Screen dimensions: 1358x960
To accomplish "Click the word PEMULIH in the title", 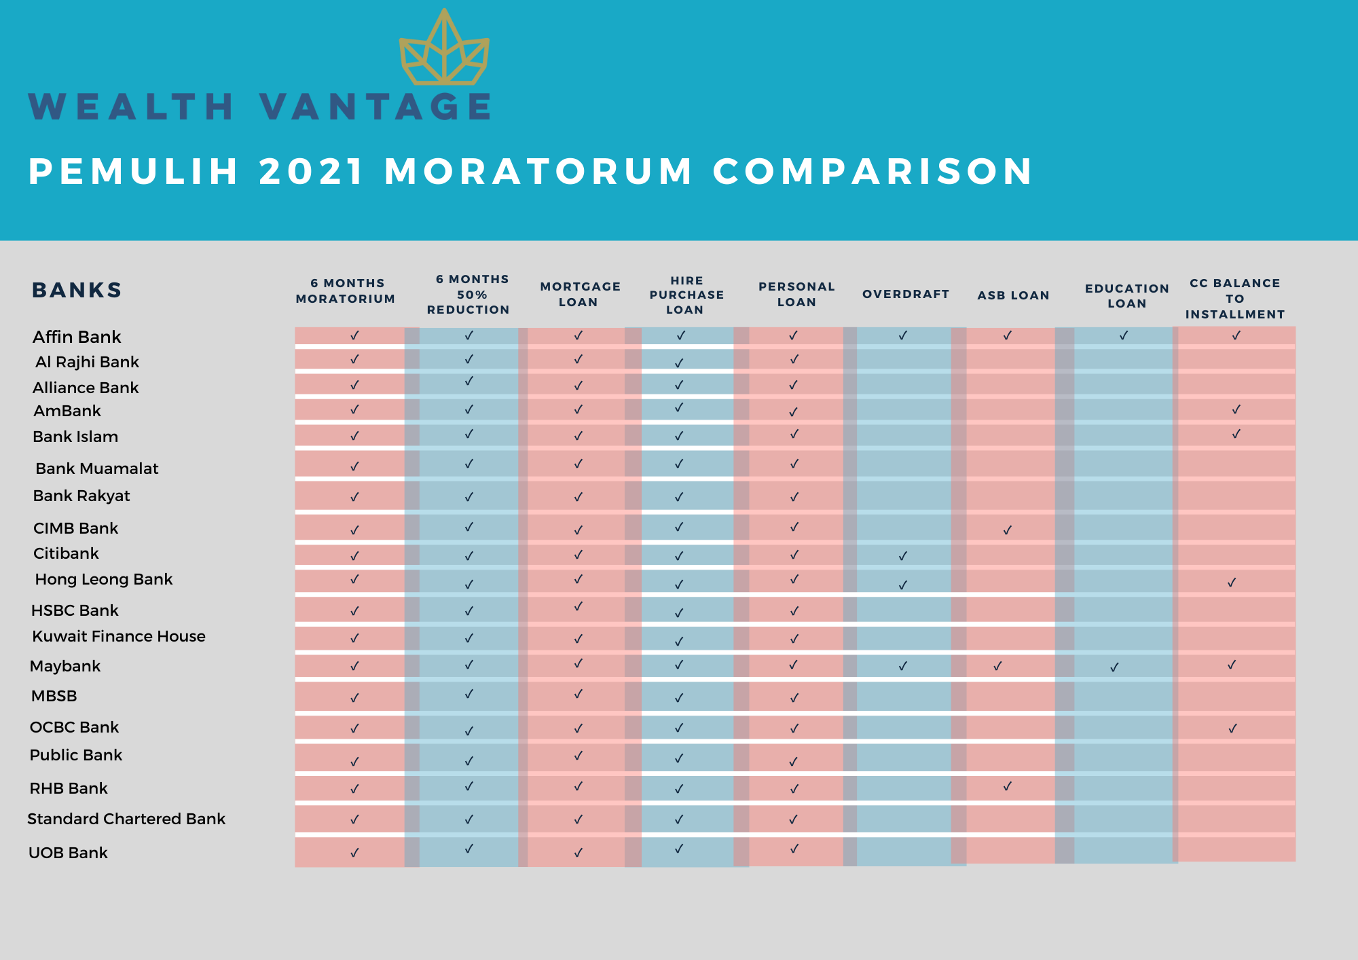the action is point(134,171).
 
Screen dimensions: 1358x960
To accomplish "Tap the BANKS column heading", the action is point(77,290).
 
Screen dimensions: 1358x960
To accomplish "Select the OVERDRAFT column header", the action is point(906,294).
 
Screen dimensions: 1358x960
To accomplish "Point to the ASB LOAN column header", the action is point(1014,295).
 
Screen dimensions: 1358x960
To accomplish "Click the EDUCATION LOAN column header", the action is point(1127,296).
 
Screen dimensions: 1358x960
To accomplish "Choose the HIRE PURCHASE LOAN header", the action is point(686,295).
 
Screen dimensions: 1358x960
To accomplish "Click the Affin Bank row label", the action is point(77,337).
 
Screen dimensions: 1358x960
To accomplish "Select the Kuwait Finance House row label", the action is point(119,636).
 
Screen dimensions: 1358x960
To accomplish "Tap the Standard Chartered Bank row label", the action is point(126,819).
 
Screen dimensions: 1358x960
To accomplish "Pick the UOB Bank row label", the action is point(68,853).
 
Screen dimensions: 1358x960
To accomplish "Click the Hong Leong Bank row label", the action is point(104,579).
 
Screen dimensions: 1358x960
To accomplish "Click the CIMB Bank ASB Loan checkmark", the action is point(1008,530).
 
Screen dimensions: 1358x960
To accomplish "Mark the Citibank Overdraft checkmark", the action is point(903,555).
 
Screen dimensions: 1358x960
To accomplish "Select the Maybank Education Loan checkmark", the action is point(1114,667).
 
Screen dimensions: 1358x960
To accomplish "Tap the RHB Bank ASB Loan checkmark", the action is point(1008,786).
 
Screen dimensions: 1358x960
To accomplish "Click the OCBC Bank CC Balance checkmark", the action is point(1232,728).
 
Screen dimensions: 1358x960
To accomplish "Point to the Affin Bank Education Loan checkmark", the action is point(1124,335).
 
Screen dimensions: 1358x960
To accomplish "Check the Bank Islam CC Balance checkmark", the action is point(1236,433).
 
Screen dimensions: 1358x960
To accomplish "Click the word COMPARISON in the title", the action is point(873,171).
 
